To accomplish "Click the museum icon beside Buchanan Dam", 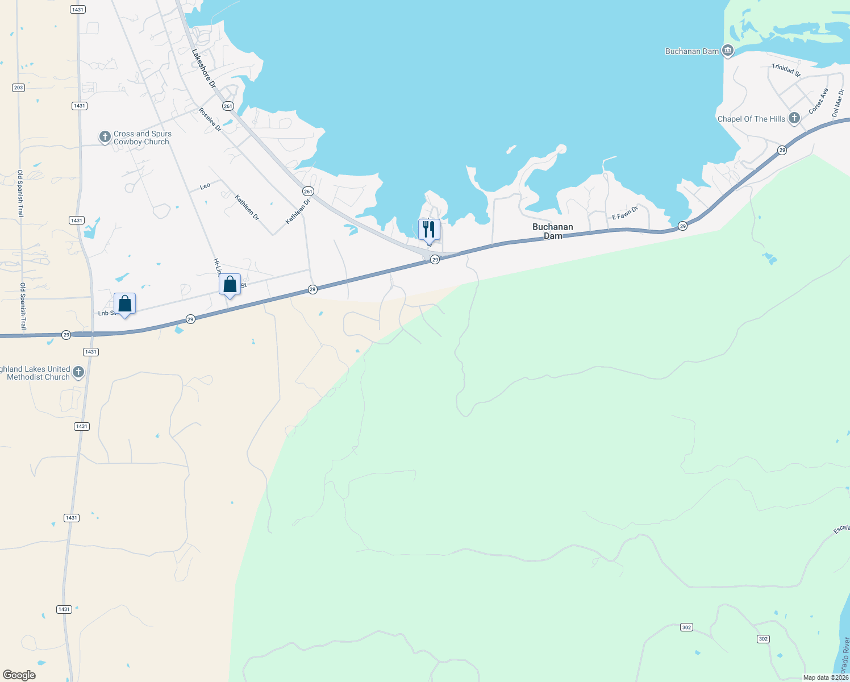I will click(x=727, y=51).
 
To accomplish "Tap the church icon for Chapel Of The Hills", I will click(x=794, y=119).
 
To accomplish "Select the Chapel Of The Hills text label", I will click(x=751, y=119).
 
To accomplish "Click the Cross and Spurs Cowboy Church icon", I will click(x=105, y=137).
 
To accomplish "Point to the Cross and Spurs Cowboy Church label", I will click(x=142, y=138).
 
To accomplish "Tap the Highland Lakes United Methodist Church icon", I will click(x=78, y=373).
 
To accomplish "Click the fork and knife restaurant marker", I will click(x=429, y=230).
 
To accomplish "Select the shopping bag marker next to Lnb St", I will click(x=124, y=304).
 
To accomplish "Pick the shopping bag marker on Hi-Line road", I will click(x=230, y=285).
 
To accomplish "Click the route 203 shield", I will click(x=18, y=88).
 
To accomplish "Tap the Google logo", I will click(x=19, y=675).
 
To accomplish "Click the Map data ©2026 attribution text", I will click(x=825, y=677).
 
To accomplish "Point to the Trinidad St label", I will click(x=786, y=69).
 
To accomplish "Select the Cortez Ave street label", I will click(x=818, y=101).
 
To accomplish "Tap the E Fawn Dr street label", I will click(x=625, y=213).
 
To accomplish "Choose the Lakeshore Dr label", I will click(x=203, y=68).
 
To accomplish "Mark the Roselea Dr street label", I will click(x=210, y=119).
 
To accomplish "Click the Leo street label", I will click(x=205, y=186).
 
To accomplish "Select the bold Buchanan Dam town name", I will click(x=552, y=231).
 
